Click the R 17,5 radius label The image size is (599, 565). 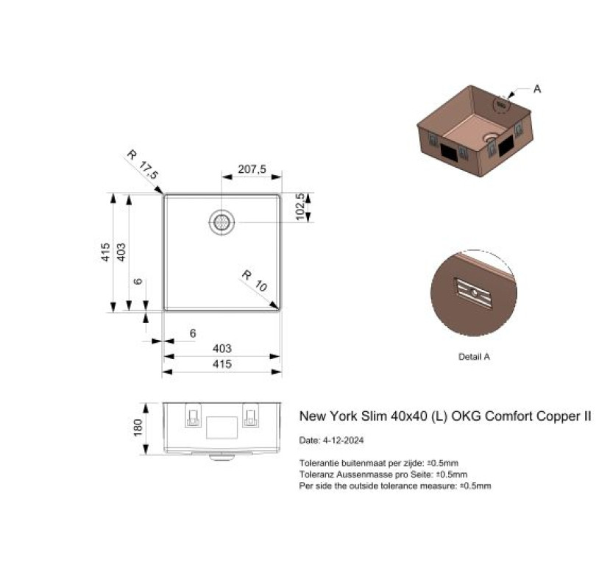click(143, 165)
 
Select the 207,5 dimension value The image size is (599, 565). click(252, 169)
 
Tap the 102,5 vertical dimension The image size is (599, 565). click(301, 207)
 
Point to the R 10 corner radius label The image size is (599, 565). click(255, 280)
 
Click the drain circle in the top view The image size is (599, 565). click(221, 222)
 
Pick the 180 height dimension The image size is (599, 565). click(138, 427)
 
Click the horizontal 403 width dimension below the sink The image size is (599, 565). click(222, 349)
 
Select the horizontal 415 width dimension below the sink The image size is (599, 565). click(222, 363)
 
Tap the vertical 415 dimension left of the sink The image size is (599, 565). click(105, 252)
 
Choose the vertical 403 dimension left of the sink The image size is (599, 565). click(121, 252)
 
